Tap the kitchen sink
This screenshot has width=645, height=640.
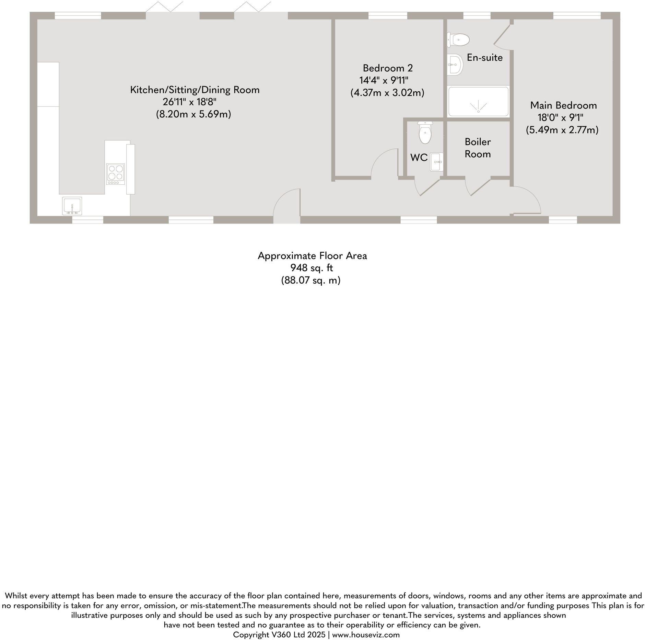72,206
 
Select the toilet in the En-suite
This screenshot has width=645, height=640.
458,40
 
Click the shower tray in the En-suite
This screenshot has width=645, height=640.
478,102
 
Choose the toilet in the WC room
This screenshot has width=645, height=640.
425,133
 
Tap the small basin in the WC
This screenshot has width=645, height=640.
437,161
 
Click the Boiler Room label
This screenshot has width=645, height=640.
478,148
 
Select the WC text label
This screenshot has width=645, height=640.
419,158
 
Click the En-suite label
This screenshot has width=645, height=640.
484,58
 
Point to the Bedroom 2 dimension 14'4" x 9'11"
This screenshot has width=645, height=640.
384,80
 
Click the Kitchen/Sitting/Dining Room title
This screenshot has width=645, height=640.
195,90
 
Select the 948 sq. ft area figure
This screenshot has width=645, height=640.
312,268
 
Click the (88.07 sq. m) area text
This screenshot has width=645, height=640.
311,281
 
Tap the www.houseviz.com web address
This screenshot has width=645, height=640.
366,635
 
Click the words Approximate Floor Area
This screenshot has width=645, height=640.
312,256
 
